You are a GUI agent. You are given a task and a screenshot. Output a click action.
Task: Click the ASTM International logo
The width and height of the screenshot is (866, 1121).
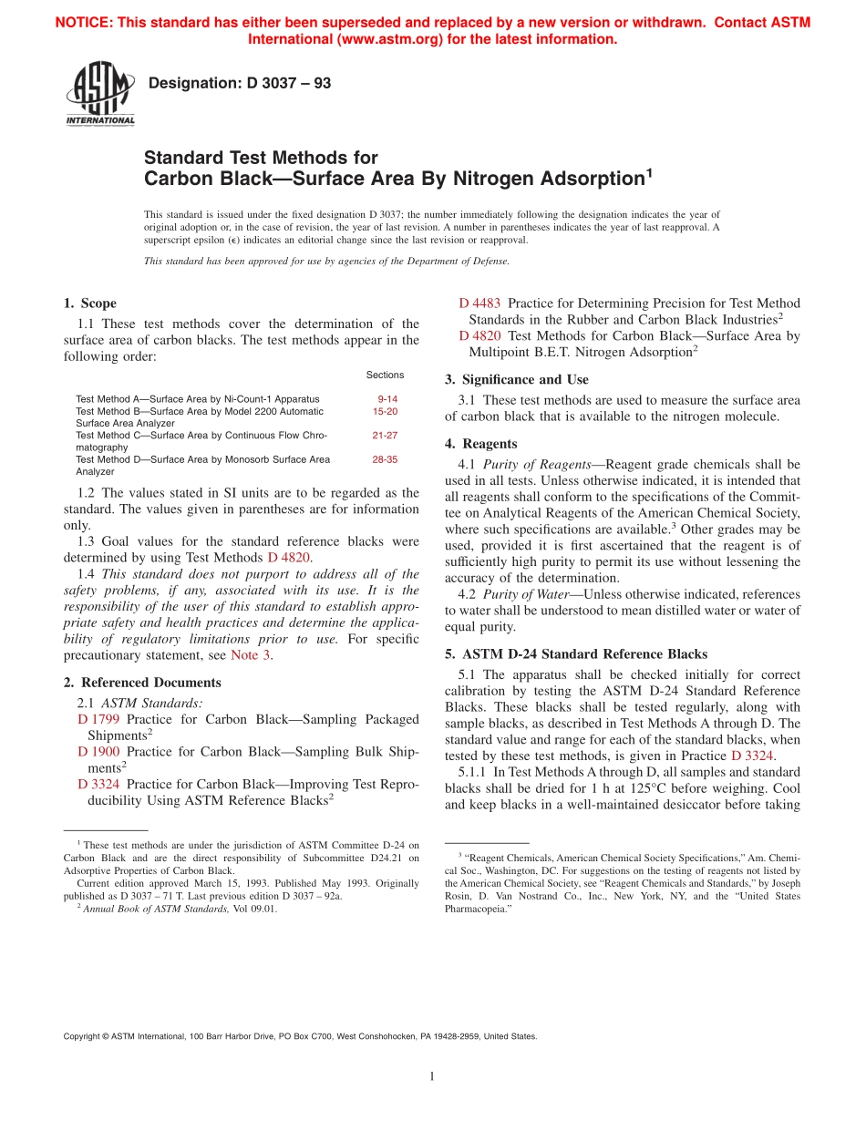(99, 94)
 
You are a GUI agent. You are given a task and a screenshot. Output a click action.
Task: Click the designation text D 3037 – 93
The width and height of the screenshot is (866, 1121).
(240, 84)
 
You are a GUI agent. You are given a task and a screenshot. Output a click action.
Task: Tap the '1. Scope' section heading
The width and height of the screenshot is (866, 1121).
(89, 303)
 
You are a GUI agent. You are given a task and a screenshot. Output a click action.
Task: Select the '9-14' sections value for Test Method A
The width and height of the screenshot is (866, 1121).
(387, 399)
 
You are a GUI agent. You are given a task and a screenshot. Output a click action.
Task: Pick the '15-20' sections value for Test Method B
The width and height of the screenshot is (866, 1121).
(385, 411)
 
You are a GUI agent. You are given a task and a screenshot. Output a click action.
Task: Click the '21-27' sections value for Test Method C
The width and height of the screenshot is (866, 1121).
(385, 436)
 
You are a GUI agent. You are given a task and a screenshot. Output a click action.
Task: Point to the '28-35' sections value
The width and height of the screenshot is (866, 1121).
(385, 460)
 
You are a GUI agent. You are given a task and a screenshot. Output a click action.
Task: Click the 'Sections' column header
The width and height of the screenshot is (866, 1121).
(385, 375)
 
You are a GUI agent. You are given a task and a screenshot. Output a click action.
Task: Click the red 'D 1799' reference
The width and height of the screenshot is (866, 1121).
(98, 720)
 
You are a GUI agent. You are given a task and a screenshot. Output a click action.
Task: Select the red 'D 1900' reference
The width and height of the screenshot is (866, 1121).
(98, 753)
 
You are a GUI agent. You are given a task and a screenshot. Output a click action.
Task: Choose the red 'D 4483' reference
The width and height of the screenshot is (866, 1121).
(479, 303)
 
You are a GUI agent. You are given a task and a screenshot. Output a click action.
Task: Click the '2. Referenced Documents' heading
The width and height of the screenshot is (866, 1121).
(142, 683)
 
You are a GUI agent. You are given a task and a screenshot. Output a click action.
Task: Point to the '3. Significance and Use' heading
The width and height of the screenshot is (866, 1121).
(517, 380)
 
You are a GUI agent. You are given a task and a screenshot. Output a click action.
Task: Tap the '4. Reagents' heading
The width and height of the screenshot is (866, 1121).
(481, 444)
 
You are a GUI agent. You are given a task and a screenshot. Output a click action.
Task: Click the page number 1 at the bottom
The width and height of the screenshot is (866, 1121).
(432, 1077)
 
